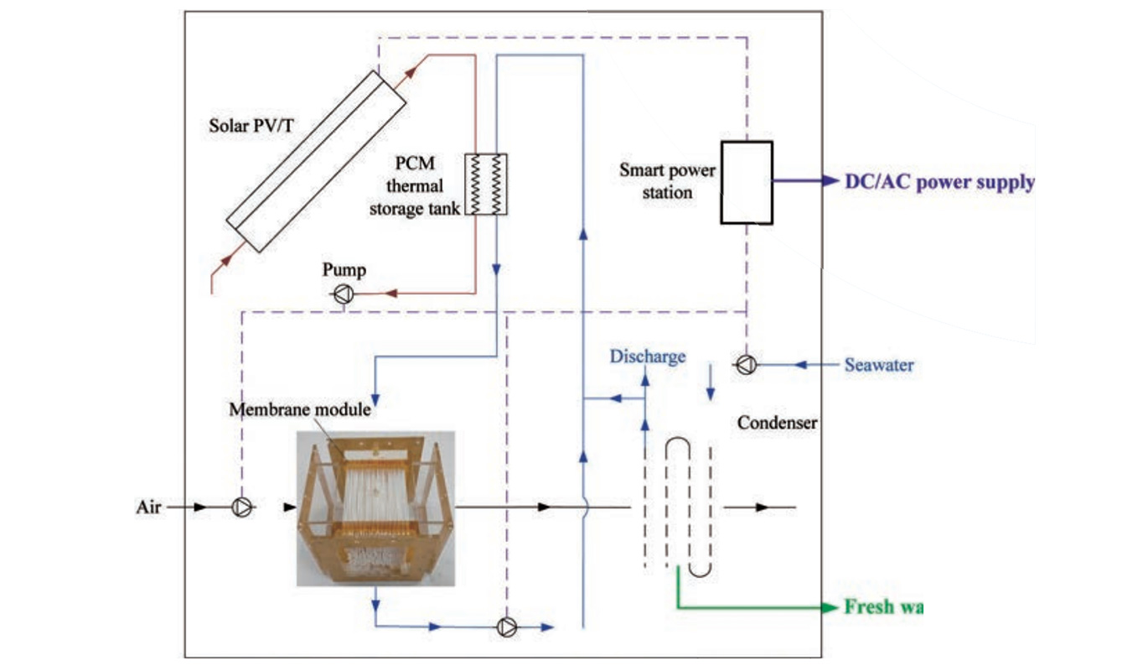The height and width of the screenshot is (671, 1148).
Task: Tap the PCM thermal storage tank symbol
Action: pyautogui.click(x=486, y=184)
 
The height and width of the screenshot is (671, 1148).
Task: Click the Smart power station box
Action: pyautogui.click(x=746, y=182)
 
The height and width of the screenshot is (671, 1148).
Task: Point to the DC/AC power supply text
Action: pyautogui.click(x=939, y=182)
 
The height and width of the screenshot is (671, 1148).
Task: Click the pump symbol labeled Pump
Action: pyautogui.click(x=344, y=294)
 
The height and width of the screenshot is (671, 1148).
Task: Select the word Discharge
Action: pyautogui.click(x=648, y=356)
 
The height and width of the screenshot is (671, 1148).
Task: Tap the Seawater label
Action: pyautogui.click(x=879, y=365)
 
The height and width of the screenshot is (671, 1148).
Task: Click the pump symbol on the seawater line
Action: pyautogui.click(x=745, y=364)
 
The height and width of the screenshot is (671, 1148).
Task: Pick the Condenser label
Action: pyautogui.click(x=777, y=423)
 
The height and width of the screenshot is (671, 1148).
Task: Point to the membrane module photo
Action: pyautogui.click(x=375, y=507)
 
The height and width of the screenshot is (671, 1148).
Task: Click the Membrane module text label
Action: pyautogui.click(x=301, y=409)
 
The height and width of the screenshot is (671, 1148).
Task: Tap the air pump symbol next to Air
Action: pyautogui.click(x=241, y=507)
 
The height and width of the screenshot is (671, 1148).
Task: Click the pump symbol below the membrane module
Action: pyautogui.click(x=507, y=627)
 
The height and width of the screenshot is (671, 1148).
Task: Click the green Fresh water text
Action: pyautogui.click(x=882, y=607)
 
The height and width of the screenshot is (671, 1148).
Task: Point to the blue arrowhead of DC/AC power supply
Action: pyautogui.click(x=830, y=181)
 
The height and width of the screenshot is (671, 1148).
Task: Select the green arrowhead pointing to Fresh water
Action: pyautogui.click(x=830, y=607)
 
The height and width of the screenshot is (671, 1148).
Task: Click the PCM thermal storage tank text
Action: pyautogui.click(x=416, y=186)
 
